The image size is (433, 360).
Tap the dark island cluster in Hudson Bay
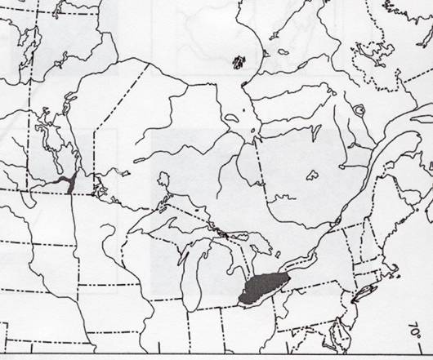click(239, 61)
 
